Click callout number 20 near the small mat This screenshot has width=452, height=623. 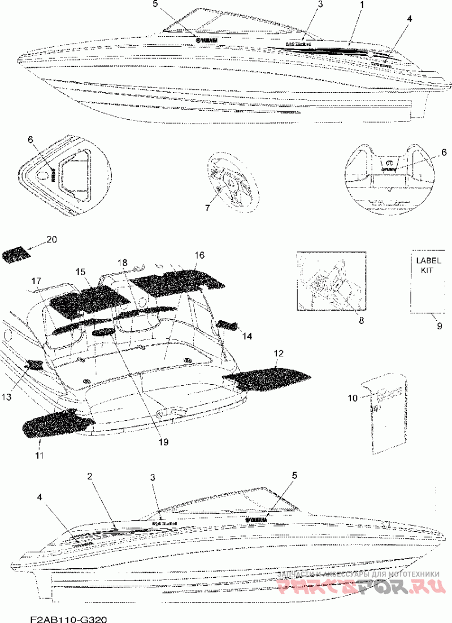52,239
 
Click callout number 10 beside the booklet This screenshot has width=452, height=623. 353,398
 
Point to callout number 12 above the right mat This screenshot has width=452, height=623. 278,353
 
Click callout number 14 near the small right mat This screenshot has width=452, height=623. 247,336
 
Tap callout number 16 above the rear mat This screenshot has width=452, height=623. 199,255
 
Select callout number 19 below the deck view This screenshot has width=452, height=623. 164,442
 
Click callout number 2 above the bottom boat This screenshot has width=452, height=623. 89,476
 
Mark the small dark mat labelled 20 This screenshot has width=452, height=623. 15,255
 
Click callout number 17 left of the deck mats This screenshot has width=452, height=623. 36,281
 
